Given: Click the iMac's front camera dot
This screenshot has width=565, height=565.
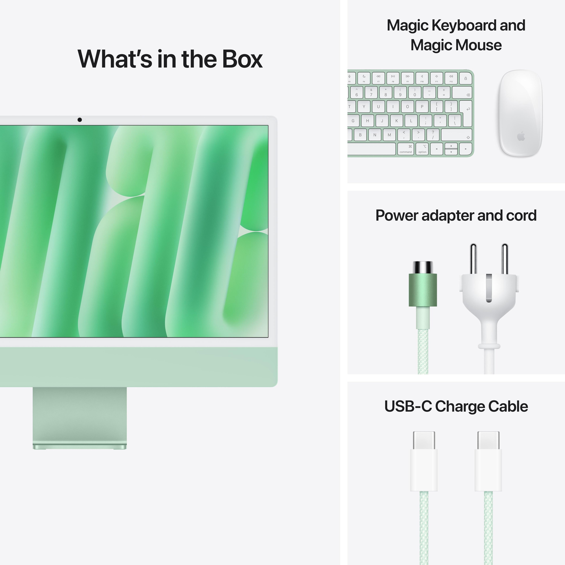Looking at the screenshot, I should coord(80,120).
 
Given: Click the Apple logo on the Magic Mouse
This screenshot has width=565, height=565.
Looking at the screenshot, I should coord(521,136).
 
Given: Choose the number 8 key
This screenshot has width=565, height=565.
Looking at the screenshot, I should coord(385,92).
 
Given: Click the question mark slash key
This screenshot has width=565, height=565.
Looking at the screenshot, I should coord(433,135).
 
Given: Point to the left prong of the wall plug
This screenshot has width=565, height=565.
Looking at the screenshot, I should coord(473,259).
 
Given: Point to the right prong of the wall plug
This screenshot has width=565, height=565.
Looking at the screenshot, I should coord(505,259).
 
